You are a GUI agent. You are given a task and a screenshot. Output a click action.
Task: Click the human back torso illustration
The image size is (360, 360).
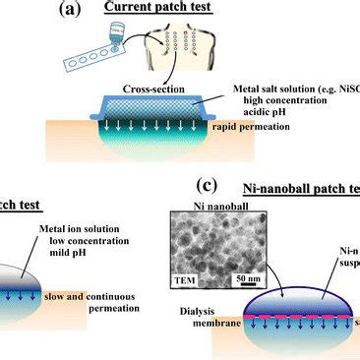[198, 53]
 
